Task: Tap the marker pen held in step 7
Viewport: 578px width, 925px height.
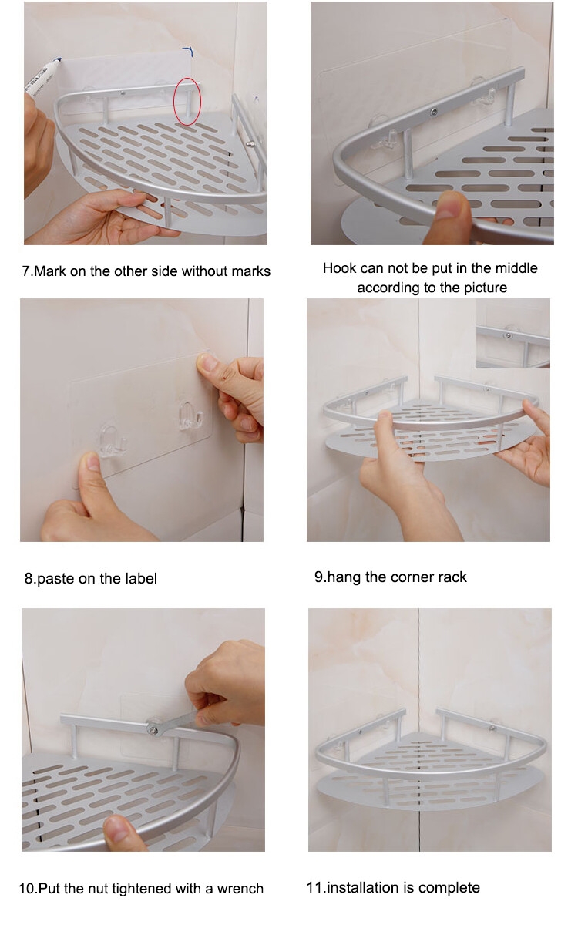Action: click(42, 76)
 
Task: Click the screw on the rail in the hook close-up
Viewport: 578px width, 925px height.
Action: click(432, 111)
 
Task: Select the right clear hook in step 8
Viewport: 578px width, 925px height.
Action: click(190, 414)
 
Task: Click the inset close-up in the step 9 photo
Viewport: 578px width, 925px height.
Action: click(512, 333)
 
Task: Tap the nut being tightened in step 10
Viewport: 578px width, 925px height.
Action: click(153, 730)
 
